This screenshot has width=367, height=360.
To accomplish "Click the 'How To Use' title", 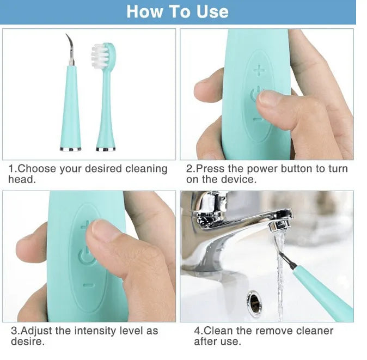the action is [x=178, y=11].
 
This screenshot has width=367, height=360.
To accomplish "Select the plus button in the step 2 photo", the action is [x=259, y=70].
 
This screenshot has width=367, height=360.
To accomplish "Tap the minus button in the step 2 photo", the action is [x=258, y=120].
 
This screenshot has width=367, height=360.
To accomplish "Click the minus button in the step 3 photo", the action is [x=89, y=285].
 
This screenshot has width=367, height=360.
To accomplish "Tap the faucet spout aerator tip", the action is [x=280, y=227].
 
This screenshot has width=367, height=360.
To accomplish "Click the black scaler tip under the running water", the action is [x=288, y=260].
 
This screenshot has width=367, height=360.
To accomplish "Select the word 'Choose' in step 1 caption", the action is [x=36, y=168].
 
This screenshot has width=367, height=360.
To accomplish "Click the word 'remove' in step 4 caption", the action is [x=274, y=331].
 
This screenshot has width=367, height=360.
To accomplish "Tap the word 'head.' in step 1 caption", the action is [x=22, y=179].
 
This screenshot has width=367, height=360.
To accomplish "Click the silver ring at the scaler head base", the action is [x=70, y=149].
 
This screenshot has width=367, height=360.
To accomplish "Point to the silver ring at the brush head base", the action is [x=106, y=149].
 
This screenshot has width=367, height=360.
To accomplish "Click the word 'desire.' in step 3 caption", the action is [x=28, y=341].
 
